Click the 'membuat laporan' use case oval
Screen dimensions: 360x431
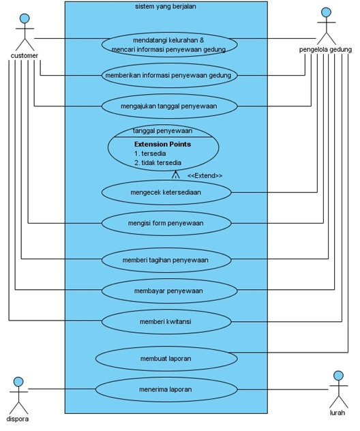(x=166, y=359)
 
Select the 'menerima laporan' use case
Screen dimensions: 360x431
(x=166, y=389)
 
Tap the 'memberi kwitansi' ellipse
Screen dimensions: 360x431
(x=166, y=322)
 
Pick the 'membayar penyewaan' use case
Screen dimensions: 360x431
(x=169, y=291)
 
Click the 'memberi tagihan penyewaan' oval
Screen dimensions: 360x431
(x=166, y=260)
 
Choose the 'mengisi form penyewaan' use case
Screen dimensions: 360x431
(x=166, y=223)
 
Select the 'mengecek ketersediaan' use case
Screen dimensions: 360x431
(x=166, y=192)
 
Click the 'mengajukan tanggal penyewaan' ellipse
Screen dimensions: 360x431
(x=169, y=106)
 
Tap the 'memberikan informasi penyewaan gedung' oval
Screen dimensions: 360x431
(x=169, y=75)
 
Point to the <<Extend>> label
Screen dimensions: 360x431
(x=205, y=176)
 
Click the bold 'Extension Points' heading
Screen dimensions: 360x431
(x=162, y=144)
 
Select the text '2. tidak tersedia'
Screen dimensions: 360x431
(x=157, y=163)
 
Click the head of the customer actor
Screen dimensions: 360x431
(x=25, y=18)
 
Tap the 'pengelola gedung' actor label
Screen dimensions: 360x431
(x=325, y=50)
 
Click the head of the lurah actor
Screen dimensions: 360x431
(x=339, y=375)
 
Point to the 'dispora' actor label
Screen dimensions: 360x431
(x=17, y=419)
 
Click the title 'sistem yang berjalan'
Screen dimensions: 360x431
(x=166, y=6)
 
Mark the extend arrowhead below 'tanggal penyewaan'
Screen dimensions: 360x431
(x=175, y=175)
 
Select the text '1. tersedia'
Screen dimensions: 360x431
(x=150, y=153)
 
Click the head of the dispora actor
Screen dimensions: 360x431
(x=18, y=381)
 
